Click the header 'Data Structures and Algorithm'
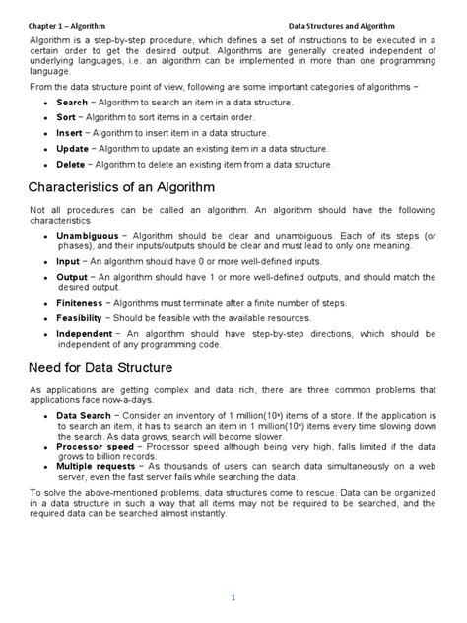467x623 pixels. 368,23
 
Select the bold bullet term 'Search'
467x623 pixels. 72,103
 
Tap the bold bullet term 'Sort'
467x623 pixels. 66,117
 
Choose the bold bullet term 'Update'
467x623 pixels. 73,149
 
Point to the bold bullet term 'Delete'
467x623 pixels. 71,165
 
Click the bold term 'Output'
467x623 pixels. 72,278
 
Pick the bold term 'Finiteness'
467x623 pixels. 79,303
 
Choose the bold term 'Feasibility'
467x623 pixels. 80,318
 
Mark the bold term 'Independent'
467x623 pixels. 84,334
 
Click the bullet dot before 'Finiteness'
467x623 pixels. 46,304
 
